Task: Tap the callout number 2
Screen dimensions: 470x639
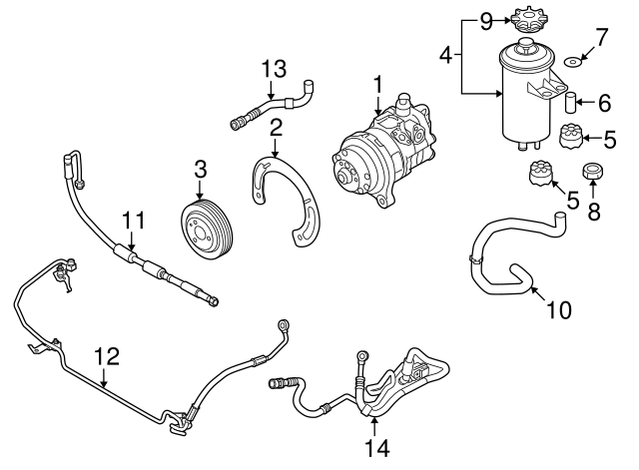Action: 275,127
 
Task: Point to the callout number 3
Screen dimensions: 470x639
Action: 200,171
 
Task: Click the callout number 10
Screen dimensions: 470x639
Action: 559,310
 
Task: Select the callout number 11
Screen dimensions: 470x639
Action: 134,221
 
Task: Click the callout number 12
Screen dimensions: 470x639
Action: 106,355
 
